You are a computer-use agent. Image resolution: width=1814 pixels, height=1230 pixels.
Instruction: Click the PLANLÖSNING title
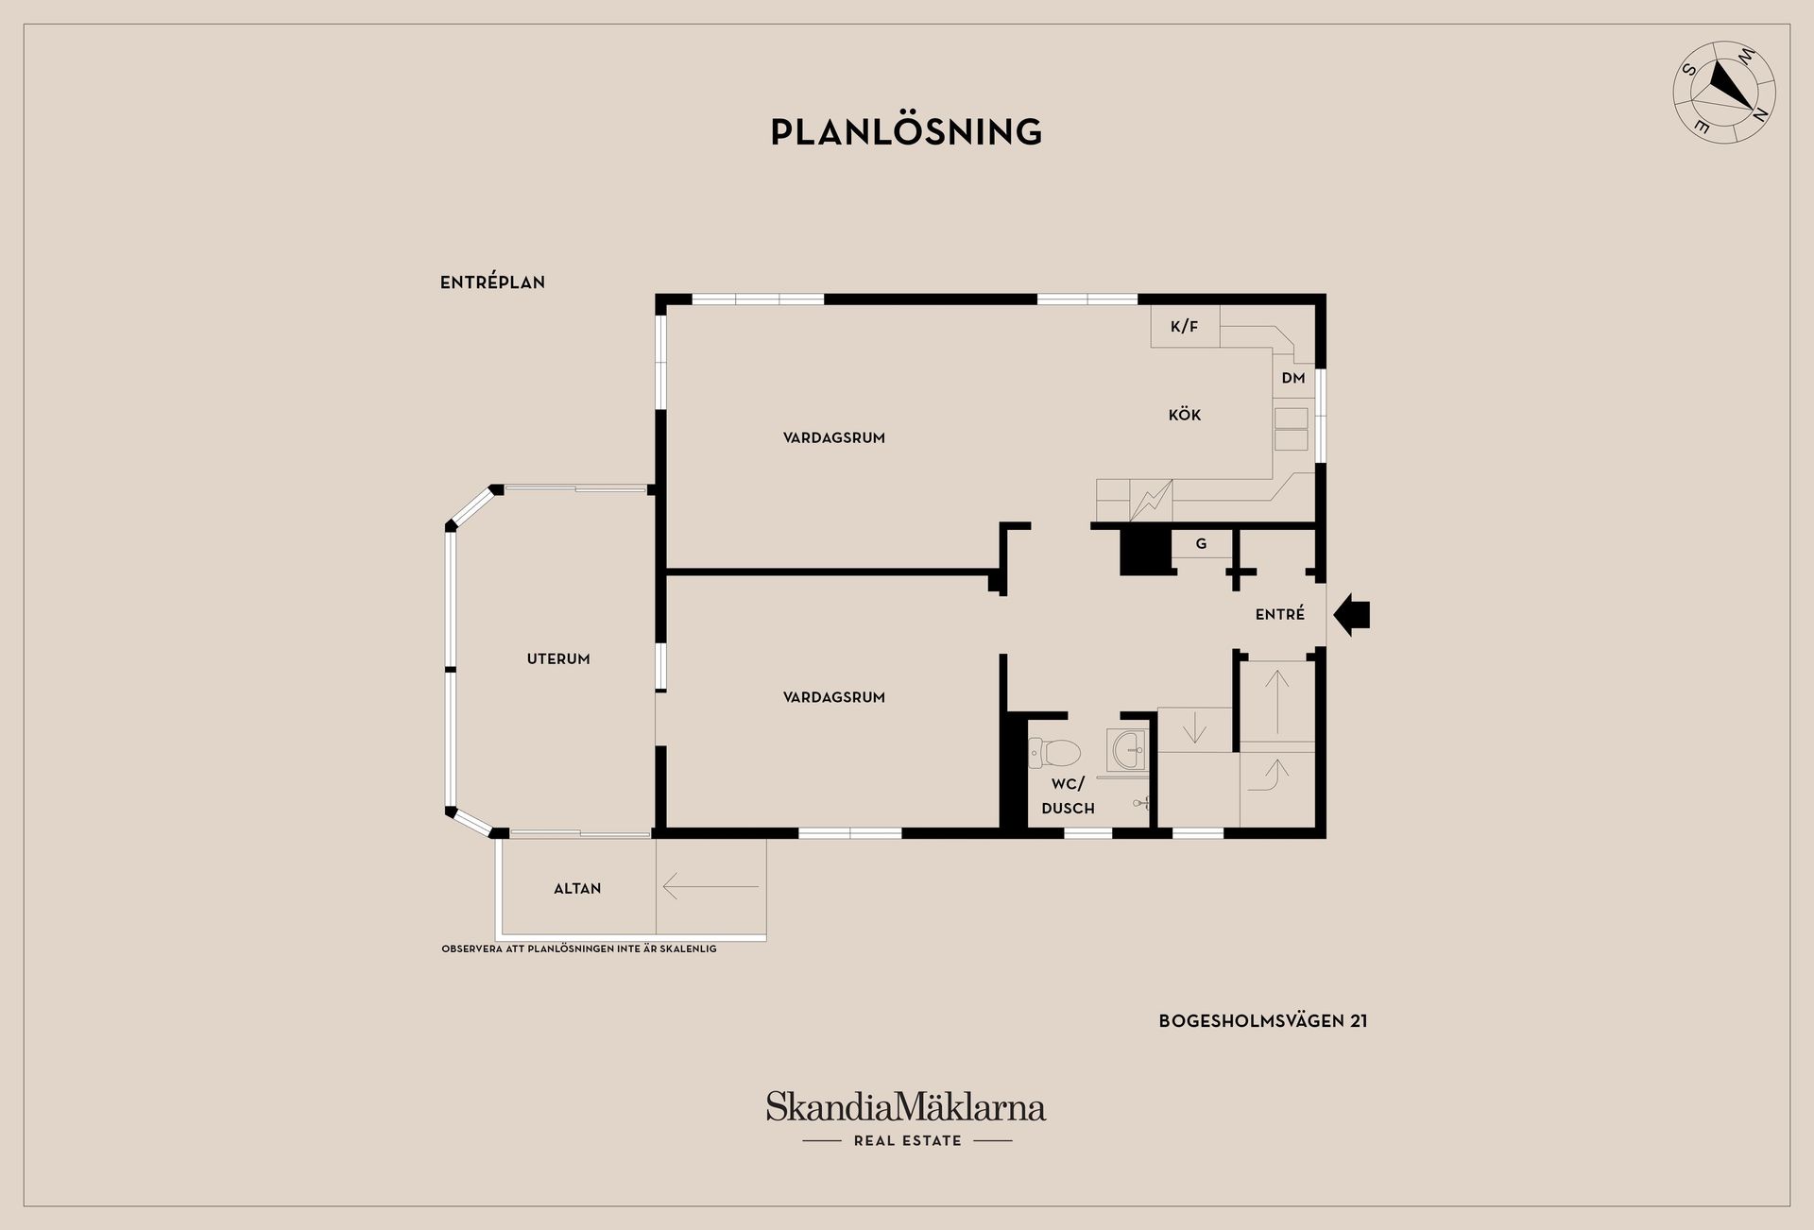click(x=906, y=132)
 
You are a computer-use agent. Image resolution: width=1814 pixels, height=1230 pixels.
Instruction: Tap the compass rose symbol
click(x=1724, y=93)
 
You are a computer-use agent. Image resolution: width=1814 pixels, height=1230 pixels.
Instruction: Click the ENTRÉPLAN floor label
click(x=492, y=282)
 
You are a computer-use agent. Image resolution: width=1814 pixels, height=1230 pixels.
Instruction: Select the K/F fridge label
click(x=1184, y=327)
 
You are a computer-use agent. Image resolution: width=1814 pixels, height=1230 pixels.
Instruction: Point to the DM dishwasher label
click(x=1293, y=378)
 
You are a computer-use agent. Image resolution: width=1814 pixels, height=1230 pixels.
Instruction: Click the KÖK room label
click(x=1185, y=415)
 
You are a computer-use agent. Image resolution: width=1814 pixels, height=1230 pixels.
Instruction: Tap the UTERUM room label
click(x=558, y=659)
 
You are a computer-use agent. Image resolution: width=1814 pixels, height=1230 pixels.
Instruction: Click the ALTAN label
click(x=577, y=889)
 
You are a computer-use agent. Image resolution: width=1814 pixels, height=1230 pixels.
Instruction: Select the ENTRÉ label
click(x=1280, y=614)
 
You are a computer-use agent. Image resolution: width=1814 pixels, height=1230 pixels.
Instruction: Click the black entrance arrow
click(x=1352, y=615)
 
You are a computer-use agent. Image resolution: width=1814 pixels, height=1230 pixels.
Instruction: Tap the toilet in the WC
click(x=1056, y=753)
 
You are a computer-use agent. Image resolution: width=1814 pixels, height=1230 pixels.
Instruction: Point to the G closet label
click(x=1202, y=544)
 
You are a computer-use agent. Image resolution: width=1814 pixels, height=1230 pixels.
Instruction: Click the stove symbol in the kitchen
click(x=1151, y=501)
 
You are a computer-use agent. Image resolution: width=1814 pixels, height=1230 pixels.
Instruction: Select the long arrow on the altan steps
click(x=710, y=887)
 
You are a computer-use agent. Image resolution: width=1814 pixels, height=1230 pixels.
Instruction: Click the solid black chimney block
click(x=1145, y=551)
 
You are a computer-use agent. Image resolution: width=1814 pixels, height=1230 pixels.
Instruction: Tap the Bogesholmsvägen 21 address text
click(x=1263, y=1021)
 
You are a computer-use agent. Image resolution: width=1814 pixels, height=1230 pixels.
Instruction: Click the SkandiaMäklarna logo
click(x=906, y=1107)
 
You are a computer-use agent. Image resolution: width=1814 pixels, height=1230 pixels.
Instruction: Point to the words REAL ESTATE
click(x=907, y=1141)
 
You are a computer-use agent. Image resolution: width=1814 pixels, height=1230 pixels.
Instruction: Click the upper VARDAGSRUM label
click(x=833, y=438)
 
